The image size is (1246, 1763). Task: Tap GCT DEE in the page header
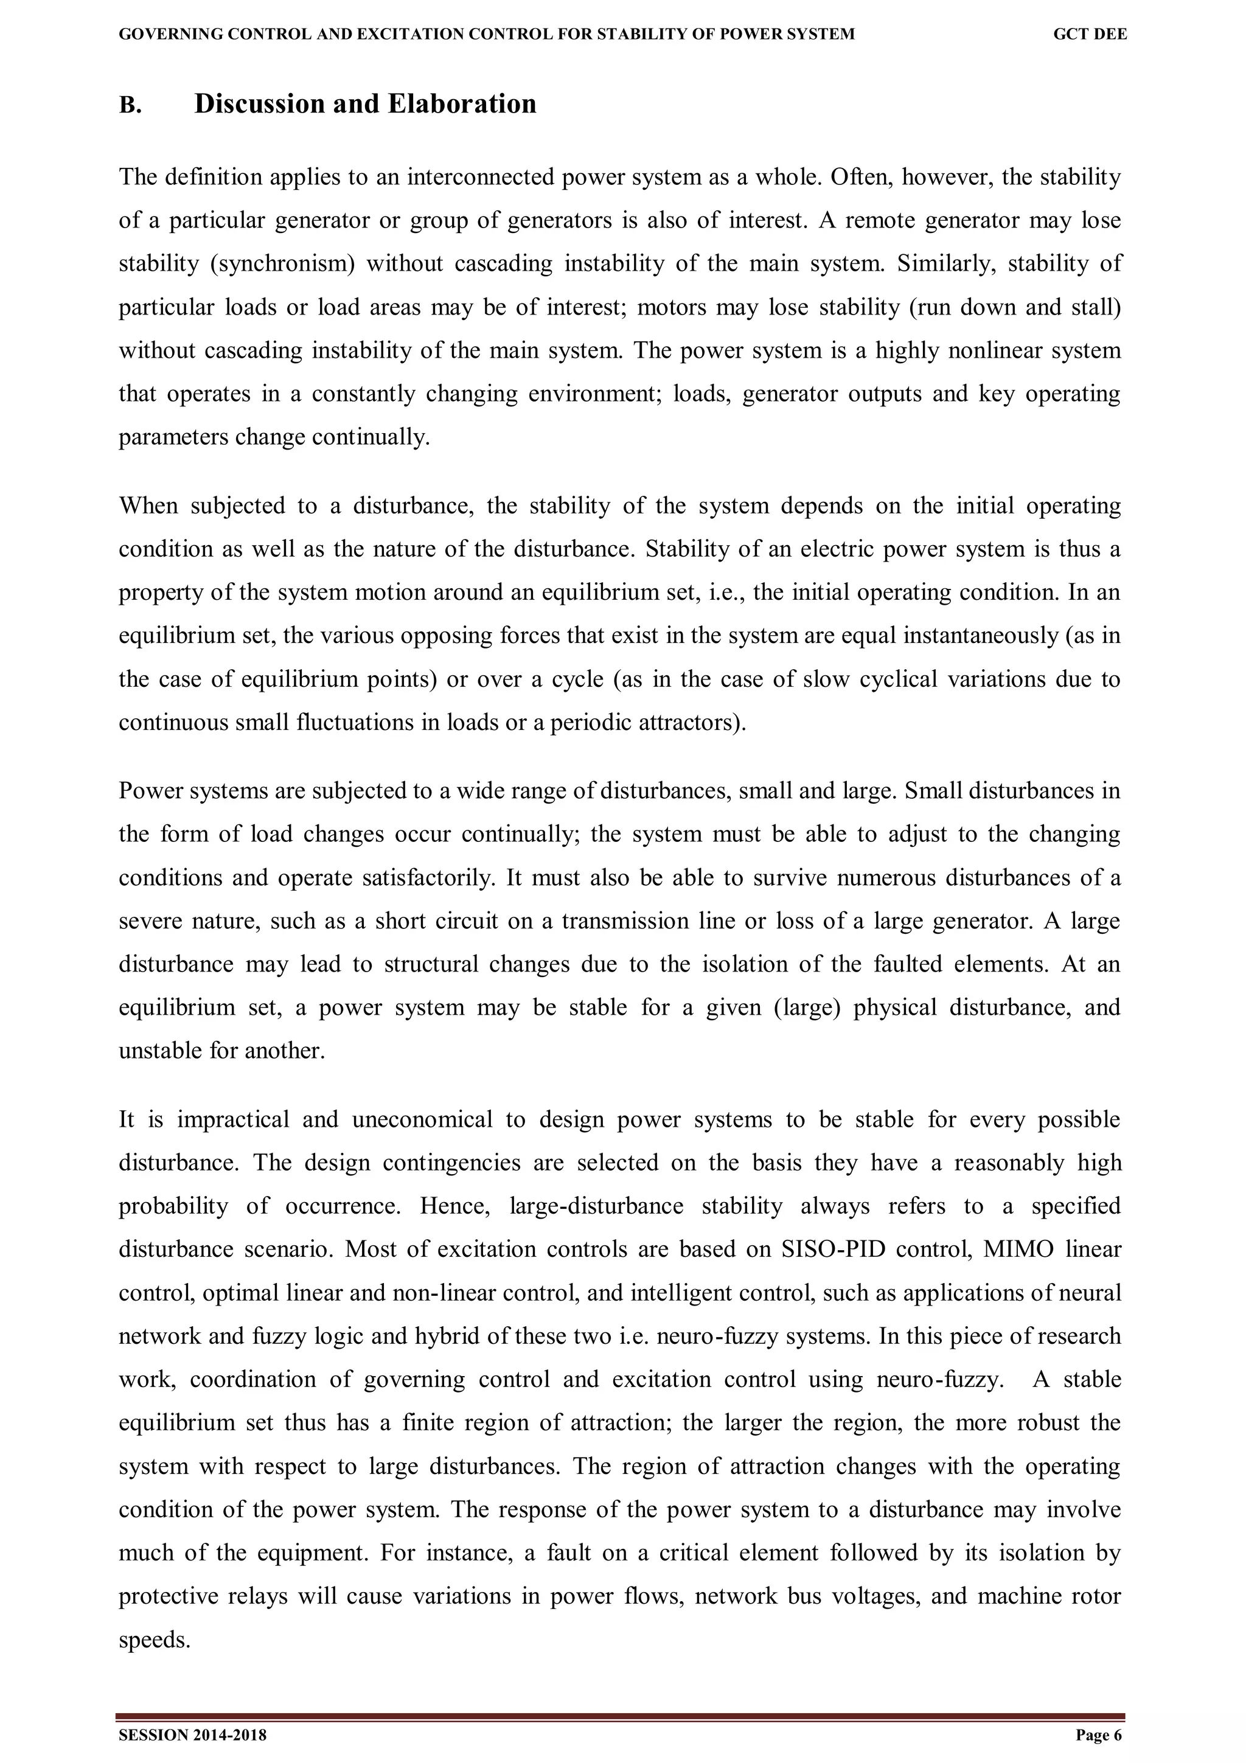[1090, 35]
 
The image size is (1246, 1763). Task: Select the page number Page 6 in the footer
[1099, 1736]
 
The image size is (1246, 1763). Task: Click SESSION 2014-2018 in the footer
[193, 1736]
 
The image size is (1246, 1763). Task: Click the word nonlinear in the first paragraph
[997, 351]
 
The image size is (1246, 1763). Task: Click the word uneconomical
[422, 1119]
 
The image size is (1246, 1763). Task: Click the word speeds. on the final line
[155, 1641]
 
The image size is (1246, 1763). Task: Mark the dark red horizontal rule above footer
[621, 1717]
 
